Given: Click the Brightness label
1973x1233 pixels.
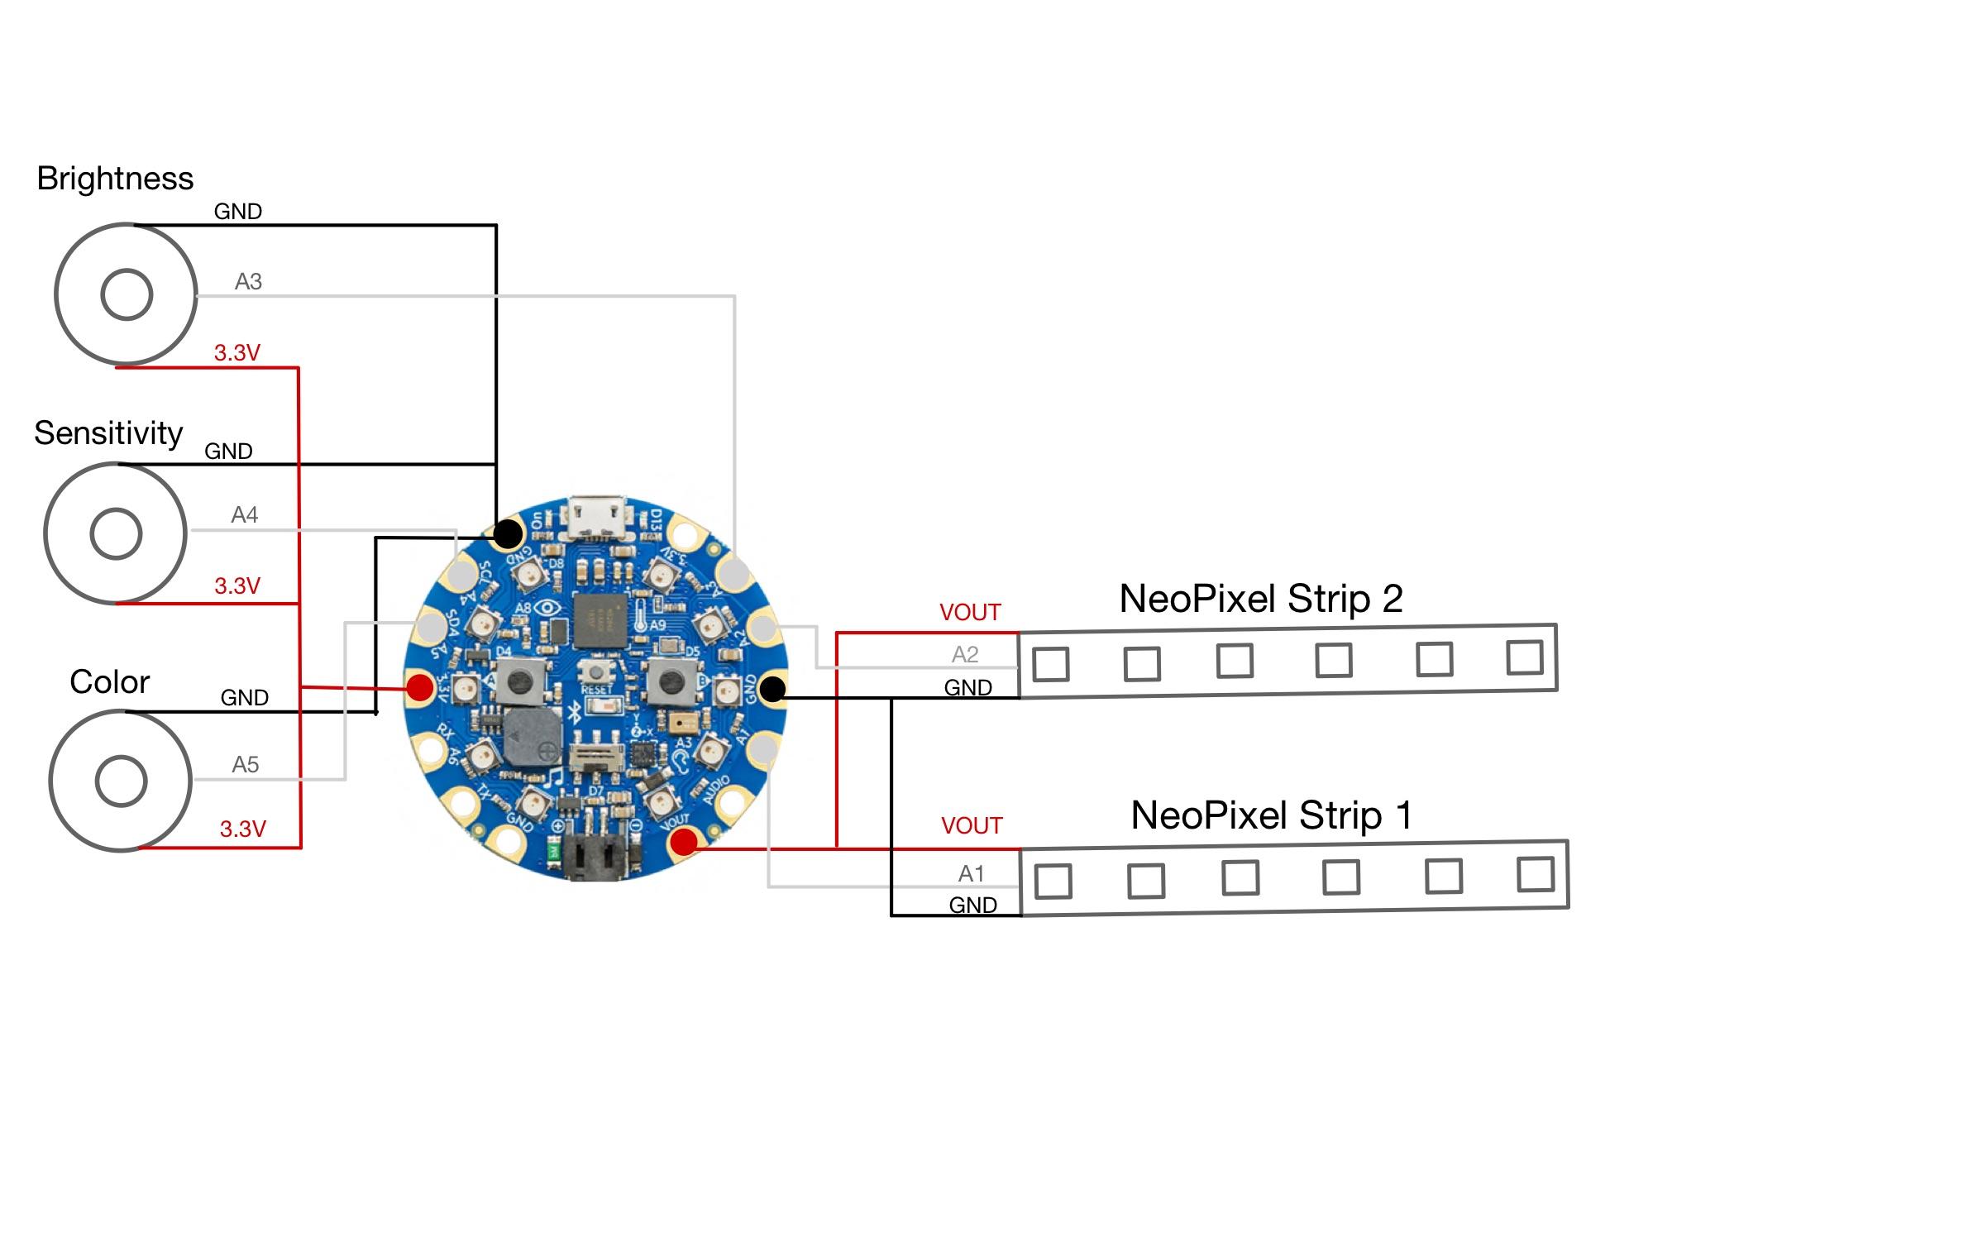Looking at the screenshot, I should [x=115, y=179].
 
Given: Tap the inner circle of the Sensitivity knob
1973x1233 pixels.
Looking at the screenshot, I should [x=116, y=533].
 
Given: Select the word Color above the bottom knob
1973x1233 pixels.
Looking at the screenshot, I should [x=109, y=682].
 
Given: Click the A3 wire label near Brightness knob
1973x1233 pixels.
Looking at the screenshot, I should [x=248, y=282].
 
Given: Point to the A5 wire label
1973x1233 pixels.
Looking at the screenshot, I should [x=246, y=765].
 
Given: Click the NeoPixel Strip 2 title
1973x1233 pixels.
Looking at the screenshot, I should [x=1260, y=599].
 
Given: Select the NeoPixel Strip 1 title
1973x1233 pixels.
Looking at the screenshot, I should [x=1271, y=815].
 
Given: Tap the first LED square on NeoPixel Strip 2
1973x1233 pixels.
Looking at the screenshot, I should [x=1051, y=663].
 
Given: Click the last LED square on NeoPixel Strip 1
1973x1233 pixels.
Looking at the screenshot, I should [x=1536, y=874].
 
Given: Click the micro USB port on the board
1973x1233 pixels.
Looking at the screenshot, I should [x=597, y=519].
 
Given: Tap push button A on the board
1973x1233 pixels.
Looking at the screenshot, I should [x=520, y=681].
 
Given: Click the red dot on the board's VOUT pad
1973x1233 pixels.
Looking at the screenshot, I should [x=684, y=843].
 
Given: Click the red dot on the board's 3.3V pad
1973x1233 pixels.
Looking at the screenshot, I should [x=420, y=687].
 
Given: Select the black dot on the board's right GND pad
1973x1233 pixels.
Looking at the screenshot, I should [x=772, y=689].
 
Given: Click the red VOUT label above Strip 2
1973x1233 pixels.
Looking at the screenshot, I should [x=970, y=613].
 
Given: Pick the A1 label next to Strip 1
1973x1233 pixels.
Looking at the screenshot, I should [x=971, y=874].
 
